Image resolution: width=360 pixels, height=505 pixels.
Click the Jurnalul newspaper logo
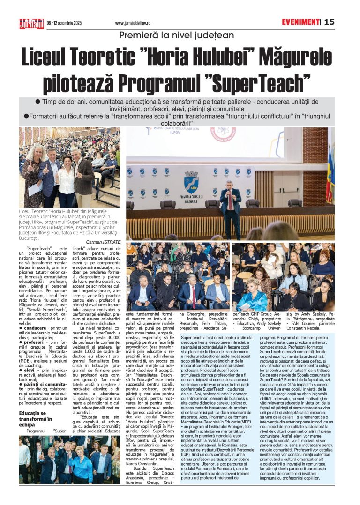tap(31, 22)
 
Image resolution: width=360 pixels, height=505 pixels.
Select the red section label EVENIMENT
tap(300, 22)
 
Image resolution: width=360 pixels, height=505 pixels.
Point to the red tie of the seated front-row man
tap(193, 295)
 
